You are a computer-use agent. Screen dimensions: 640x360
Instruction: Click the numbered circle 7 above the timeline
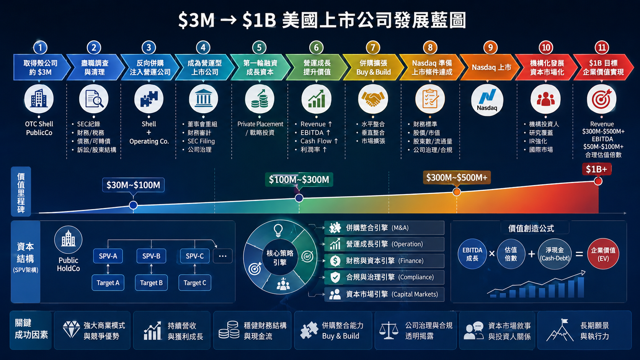coord(373,47)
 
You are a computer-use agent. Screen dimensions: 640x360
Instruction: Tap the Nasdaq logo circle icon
coord(487,100)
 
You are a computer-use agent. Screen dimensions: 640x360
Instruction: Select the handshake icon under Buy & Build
coord(373,99)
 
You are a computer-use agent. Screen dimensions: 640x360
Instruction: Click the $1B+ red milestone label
coord(597,169)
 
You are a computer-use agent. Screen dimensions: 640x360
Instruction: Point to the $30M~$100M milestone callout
coord(133,185)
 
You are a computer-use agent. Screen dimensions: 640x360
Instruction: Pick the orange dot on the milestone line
coord(457,192)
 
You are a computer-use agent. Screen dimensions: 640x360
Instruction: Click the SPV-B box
coord(151,256)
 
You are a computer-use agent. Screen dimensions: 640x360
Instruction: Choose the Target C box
coord(194,283)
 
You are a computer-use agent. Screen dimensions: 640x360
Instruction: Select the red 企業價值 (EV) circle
coord(603,254)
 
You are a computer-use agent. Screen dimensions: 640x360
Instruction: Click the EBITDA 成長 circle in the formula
coord(472,254)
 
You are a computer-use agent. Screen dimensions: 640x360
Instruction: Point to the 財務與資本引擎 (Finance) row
coord(384,261)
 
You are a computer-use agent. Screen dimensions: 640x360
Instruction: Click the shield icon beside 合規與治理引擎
coord(335,277)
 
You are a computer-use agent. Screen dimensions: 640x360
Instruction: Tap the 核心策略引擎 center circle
coord(280,257)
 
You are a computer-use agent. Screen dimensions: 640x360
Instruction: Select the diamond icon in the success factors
coord(71,330)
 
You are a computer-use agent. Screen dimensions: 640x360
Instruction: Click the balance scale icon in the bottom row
coord(389,330)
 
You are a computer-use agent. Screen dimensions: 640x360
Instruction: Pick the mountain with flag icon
coord(560,330)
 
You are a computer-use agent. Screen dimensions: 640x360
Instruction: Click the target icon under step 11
coord(601,99)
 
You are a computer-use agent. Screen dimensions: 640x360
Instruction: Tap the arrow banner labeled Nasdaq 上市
coord(490,67)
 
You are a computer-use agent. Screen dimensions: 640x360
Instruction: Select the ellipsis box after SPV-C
coord(222,256)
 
